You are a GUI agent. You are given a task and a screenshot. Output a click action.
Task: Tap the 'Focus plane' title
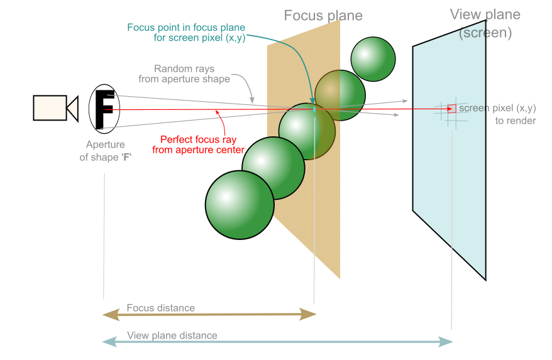coord(323,16)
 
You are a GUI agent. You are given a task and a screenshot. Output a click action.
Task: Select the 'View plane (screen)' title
coord(485,23)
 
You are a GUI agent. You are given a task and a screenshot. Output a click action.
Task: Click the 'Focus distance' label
coord(160,308)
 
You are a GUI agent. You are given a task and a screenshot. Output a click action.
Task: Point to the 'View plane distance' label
coord(172,335)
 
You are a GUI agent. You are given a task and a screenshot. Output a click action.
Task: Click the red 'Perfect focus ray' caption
coord(198,145)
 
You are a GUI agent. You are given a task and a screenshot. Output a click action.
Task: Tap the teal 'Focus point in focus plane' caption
coord(186,32)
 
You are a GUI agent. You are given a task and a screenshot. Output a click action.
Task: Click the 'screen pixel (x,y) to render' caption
coord(497,114)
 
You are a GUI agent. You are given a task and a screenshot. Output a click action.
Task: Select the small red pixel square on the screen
coord(451,109)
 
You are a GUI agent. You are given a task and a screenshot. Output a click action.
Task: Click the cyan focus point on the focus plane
coord(314,109)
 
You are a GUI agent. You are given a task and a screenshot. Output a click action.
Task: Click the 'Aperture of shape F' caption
coord(105,151)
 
